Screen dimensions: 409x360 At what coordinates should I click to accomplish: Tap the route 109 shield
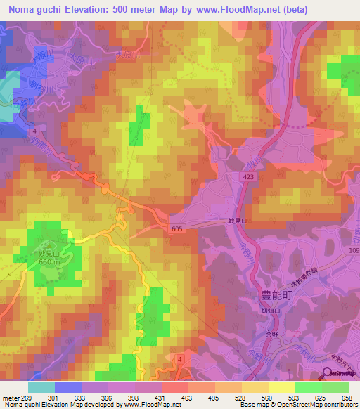352,250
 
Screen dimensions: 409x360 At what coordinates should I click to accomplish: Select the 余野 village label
279,335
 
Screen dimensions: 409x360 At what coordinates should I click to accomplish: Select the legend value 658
345,398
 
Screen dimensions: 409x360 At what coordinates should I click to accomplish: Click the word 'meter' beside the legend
11,398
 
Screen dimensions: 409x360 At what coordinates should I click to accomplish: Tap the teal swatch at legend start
41,387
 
